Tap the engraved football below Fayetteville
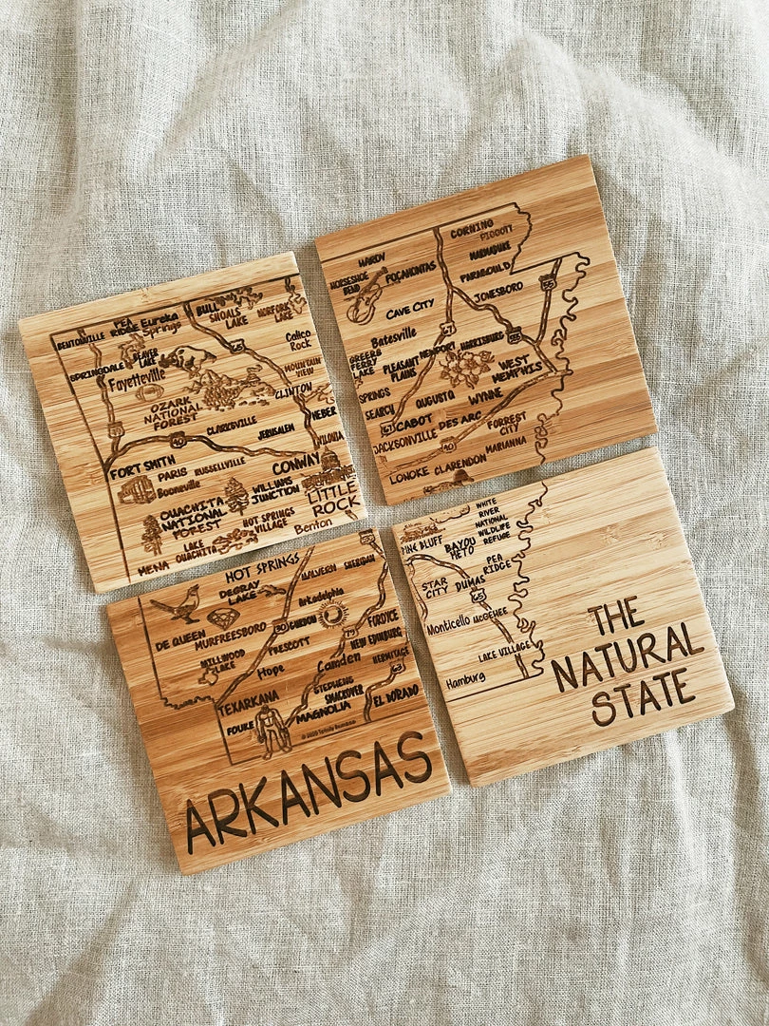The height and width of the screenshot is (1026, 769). coord(148,392)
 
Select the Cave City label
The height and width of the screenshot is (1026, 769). coord(410,306)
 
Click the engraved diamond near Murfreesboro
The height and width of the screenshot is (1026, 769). coord(222,618)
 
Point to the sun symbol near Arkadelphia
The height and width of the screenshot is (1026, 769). coord(332,616)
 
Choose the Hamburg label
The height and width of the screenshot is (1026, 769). coord(466,678)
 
